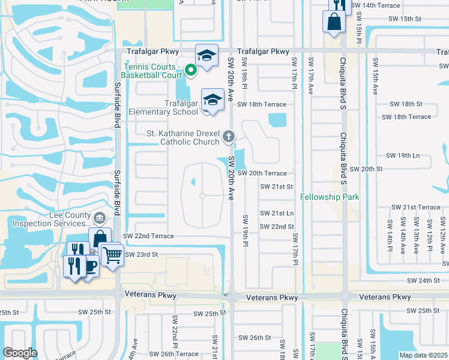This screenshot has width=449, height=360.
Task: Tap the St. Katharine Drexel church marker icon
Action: point(228,137)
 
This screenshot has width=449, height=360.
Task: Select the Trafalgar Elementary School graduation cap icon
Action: point(212,100)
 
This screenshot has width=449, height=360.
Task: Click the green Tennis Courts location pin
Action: point(191,71)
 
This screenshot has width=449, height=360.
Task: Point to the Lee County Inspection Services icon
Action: point(100,216)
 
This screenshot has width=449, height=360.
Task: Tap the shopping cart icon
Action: point(112,255)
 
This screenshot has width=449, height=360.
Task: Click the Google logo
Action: point(20,353)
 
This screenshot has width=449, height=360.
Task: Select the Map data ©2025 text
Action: point(424,355)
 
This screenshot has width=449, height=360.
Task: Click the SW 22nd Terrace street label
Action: point(148,237)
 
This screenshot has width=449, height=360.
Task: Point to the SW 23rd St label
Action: point(140,254)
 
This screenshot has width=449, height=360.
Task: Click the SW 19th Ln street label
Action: point(403,155)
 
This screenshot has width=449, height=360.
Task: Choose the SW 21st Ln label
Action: point(276,214)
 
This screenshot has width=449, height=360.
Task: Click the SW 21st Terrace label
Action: point(415,207)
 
